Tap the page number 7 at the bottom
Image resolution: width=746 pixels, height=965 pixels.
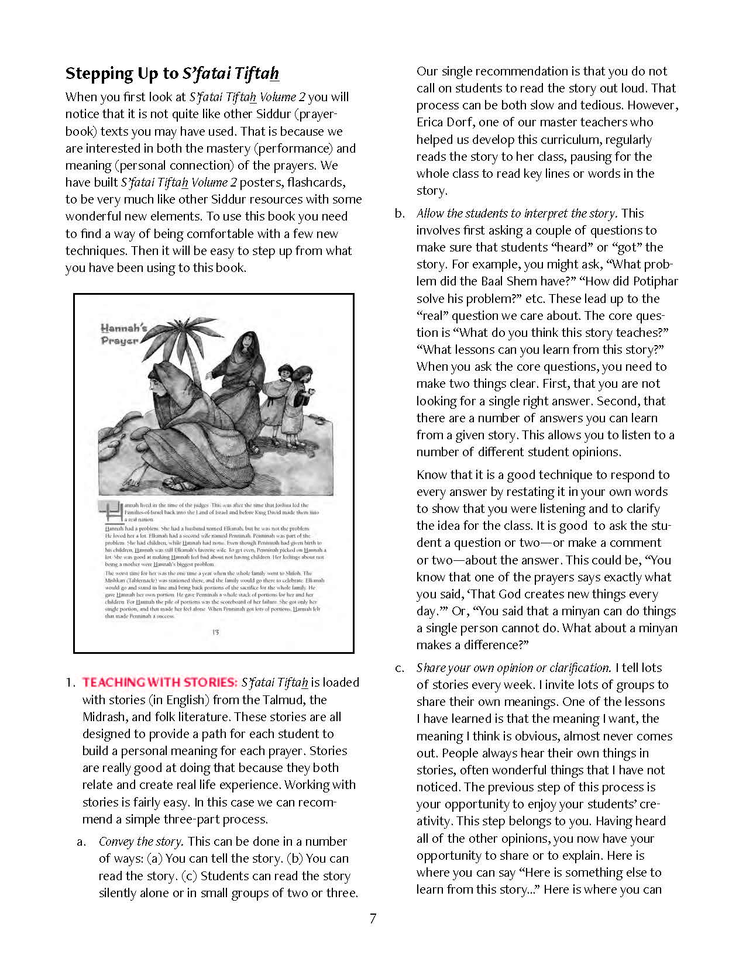373,918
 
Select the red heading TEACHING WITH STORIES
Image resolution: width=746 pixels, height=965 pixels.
160,683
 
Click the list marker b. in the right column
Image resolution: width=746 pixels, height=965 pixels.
400,213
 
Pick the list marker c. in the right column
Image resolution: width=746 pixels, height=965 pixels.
400,668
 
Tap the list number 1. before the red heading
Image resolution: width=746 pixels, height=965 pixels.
70,683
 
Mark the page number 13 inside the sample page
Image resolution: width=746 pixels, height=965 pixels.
215,632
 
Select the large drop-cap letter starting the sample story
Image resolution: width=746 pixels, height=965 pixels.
112,511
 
